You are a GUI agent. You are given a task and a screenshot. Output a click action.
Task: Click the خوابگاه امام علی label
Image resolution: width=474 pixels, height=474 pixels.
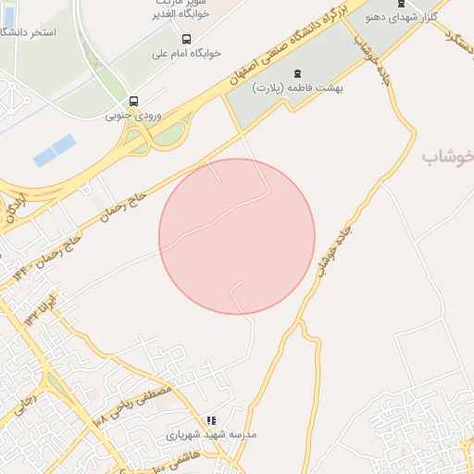point(187,55)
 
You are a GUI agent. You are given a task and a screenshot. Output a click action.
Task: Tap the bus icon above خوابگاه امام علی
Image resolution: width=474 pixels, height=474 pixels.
point(187,39)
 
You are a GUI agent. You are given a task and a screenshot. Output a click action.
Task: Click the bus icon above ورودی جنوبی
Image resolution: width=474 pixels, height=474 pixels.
point(134,101)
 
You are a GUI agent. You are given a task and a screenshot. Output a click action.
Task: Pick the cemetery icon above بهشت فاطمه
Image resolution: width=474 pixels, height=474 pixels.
point(296,72)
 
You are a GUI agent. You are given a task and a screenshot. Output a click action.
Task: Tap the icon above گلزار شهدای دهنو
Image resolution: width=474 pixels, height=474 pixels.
point(400,3)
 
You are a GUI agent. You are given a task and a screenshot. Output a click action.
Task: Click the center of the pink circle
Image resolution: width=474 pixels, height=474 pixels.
point(237,236)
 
